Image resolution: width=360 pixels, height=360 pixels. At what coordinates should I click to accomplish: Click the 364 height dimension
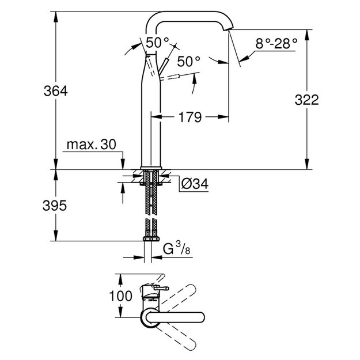pos(55,91)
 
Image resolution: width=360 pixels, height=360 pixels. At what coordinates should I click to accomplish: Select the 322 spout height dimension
pos(307,100)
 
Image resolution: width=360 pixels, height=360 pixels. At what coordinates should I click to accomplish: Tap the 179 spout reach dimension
pos(190,117)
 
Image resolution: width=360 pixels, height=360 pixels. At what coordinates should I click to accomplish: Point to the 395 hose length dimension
pos(55,206)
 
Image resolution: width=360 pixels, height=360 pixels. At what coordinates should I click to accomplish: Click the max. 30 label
pos(92,145)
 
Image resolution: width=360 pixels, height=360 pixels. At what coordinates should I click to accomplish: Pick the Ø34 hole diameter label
pos(195,184)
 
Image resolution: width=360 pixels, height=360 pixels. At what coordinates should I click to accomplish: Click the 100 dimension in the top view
pos(121,295)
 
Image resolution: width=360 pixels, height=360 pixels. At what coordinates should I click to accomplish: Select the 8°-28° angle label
pos(276,43)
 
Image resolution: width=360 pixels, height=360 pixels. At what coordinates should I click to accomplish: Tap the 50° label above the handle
pos(157,43)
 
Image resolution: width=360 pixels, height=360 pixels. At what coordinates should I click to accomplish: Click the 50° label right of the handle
pos(189,61)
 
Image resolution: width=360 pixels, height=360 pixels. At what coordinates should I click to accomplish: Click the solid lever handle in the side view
pos(164,66)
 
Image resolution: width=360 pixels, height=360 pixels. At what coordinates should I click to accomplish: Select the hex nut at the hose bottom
pos(151,239)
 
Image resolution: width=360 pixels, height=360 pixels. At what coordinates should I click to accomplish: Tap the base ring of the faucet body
pos(151,168)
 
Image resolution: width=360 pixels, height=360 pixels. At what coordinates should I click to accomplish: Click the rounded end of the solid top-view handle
pos(200,317)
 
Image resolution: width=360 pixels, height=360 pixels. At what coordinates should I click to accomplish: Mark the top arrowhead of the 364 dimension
pos(55,17)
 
